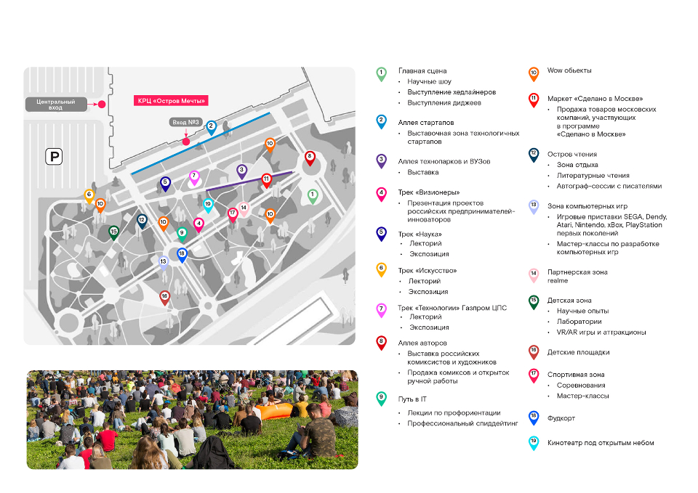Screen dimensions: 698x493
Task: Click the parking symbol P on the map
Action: [54, 157]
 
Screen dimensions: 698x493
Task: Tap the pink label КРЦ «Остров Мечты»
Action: [171, 100]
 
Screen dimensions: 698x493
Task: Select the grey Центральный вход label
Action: [56, 105]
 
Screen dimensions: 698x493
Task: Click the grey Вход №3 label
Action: [185, 122]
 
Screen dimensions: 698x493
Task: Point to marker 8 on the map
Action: [310, 158]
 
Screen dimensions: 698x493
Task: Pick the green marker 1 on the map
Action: [313, 196]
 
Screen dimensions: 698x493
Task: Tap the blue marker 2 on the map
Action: [211, 128]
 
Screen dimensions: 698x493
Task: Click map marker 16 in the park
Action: [165, 298]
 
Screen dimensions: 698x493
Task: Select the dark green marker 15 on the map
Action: [113, 232]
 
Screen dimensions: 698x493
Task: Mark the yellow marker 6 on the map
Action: [89, 196]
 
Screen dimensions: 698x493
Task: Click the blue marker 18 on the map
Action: [182, 255]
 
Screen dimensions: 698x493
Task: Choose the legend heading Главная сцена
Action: [422, 70]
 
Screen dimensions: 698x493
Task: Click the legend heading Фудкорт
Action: [561, 418]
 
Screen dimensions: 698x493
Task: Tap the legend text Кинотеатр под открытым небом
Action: [601, 443]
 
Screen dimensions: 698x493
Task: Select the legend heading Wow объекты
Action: [569, 70]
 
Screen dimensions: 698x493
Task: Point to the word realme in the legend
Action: [558, 281]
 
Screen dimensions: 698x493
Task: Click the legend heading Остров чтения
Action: [572, 154]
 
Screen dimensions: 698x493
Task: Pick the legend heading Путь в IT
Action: [412, 399]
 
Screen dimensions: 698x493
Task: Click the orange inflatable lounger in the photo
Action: [274, 410]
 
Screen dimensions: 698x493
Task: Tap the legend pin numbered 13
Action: [533, 207]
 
